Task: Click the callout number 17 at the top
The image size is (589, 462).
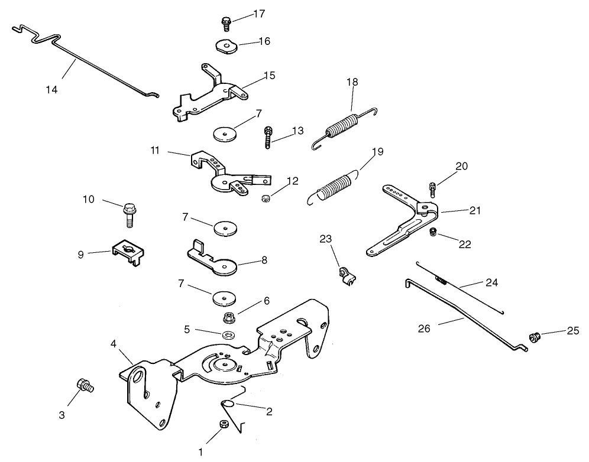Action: tap(258, 14)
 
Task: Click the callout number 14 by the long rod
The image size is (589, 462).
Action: tap(51, 89)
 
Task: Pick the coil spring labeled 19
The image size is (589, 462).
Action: tap(335, 184)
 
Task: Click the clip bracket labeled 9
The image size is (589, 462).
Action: tap(126, 254)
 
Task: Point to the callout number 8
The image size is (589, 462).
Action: tap(264, 259)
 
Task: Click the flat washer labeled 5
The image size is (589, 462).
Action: tap(228, 336)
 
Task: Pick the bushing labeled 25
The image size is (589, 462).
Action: tap(535, 337)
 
